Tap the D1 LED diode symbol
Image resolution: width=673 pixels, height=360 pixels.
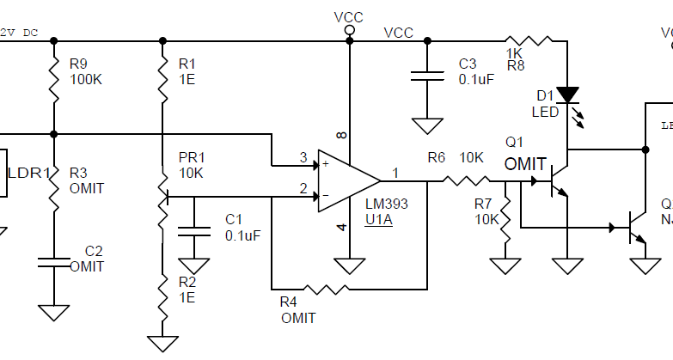pyautogui.click(x=566, y=95)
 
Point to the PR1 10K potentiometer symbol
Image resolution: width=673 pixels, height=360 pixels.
pyautogui.click(x=162, y=198)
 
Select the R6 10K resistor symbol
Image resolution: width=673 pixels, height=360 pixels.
pyautogui.click(x=464, y=181)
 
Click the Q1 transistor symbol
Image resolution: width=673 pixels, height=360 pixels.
pyautogui.click(x=558, y=182)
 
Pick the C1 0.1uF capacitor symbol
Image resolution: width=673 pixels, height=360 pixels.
pyautogui.click(x=193, y=230)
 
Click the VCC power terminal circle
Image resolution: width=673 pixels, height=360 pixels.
pyautogui.click(x=349, y=31)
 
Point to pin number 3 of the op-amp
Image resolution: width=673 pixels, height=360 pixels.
pyautogui.click(x=303, y=158)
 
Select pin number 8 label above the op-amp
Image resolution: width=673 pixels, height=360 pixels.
pyautogui.click(x=341, y=135)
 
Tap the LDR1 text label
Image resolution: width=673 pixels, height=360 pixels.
pyautogui.click(x=28, y=173)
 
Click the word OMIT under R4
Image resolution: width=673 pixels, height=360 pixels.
pyautogui.click(x=297, y=318)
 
